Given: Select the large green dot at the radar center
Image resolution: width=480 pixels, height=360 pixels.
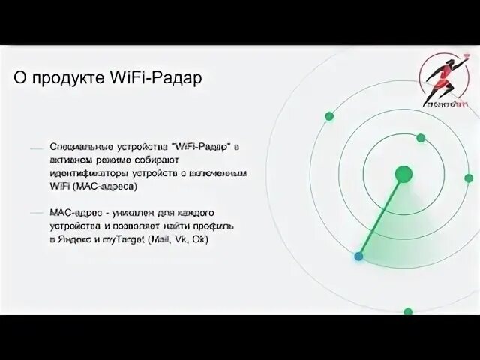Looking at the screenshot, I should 403,174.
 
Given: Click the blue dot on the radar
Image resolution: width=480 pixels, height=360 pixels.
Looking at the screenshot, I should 359,256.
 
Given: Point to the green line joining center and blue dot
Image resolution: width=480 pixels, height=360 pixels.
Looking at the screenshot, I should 381,216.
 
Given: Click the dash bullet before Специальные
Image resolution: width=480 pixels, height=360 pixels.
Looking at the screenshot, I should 36,148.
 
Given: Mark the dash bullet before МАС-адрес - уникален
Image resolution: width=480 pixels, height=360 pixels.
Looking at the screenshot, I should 36,214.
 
